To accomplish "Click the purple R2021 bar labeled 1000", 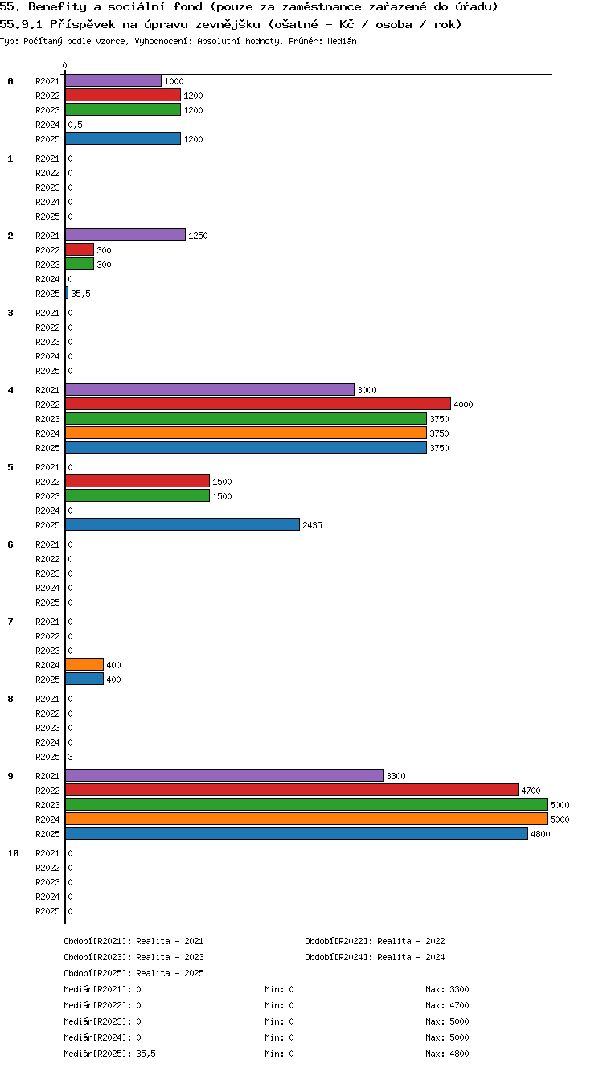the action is [x=113, y=81].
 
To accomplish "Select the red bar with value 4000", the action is [x=258, y=405].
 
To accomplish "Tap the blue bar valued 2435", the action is [x=183, y=524].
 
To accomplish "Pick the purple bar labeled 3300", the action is [x=224, y=776].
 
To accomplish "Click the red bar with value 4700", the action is [x=292, y=790].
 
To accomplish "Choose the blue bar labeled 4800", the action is [x=297, y=833].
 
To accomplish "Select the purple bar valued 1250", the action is [x=125, y=235].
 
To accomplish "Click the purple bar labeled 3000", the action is [x=210, y=389].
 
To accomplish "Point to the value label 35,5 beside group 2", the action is [x=80, y=294].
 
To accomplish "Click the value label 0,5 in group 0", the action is [x=76, y=125].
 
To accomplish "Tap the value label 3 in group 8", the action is [x=70, y=757].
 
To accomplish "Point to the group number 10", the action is [x=13, y=853].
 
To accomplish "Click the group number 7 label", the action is [x=10, y=622].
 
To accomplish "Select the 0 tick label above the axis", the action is [x=65, y=65].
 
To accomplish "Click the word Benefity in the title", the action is [x=57, y=7].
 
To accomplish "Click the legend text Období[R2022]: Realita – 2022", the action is [x=375, y=941].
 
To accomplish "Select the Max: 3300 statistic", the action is [x=447, y=989].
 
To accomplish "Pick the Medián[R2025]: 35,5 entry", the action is [x=109, y=1054].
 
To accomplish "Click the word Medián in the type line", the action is [x=342, y=42].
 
